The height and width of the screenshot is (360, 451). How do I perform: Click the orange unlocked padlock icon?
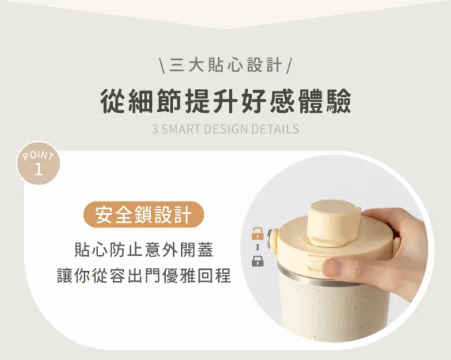257,233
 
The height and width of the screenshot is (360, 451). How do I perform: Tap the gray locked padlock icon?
257,261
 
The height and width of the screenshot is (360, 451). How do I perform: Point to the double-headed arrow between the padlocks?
258,247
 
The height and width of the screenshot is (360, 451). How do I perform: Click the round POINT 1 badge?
38,163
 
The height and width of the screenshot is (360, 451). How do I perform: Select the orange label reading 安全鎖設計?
144,215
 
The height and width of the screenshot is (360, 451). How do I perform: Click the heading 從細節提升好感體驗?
225,101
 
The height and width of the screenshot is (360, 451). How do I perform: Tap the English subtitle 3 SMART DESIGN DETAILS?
225,129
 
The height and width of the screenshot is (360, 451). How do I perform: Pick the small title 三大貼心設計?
225,65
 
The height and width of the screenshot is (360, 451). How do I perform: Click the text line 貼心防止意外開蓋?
144,249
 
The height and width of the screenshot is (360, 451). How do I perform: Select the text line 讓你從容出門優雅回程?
144,275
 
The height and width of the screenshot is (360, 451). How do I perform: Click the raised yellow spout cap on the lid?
334,223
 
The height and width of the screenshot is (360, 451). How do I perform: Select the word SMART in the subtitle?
181,129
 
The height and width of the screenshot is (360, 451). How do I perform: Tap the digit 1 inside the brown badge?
38,170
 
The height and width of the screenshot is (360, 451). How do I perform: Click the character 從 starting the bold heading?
113,101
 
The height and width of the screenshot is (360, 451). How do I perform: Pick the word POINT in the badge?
38,156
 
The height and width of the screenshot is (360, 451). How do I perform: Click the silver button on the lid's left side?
271,237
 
